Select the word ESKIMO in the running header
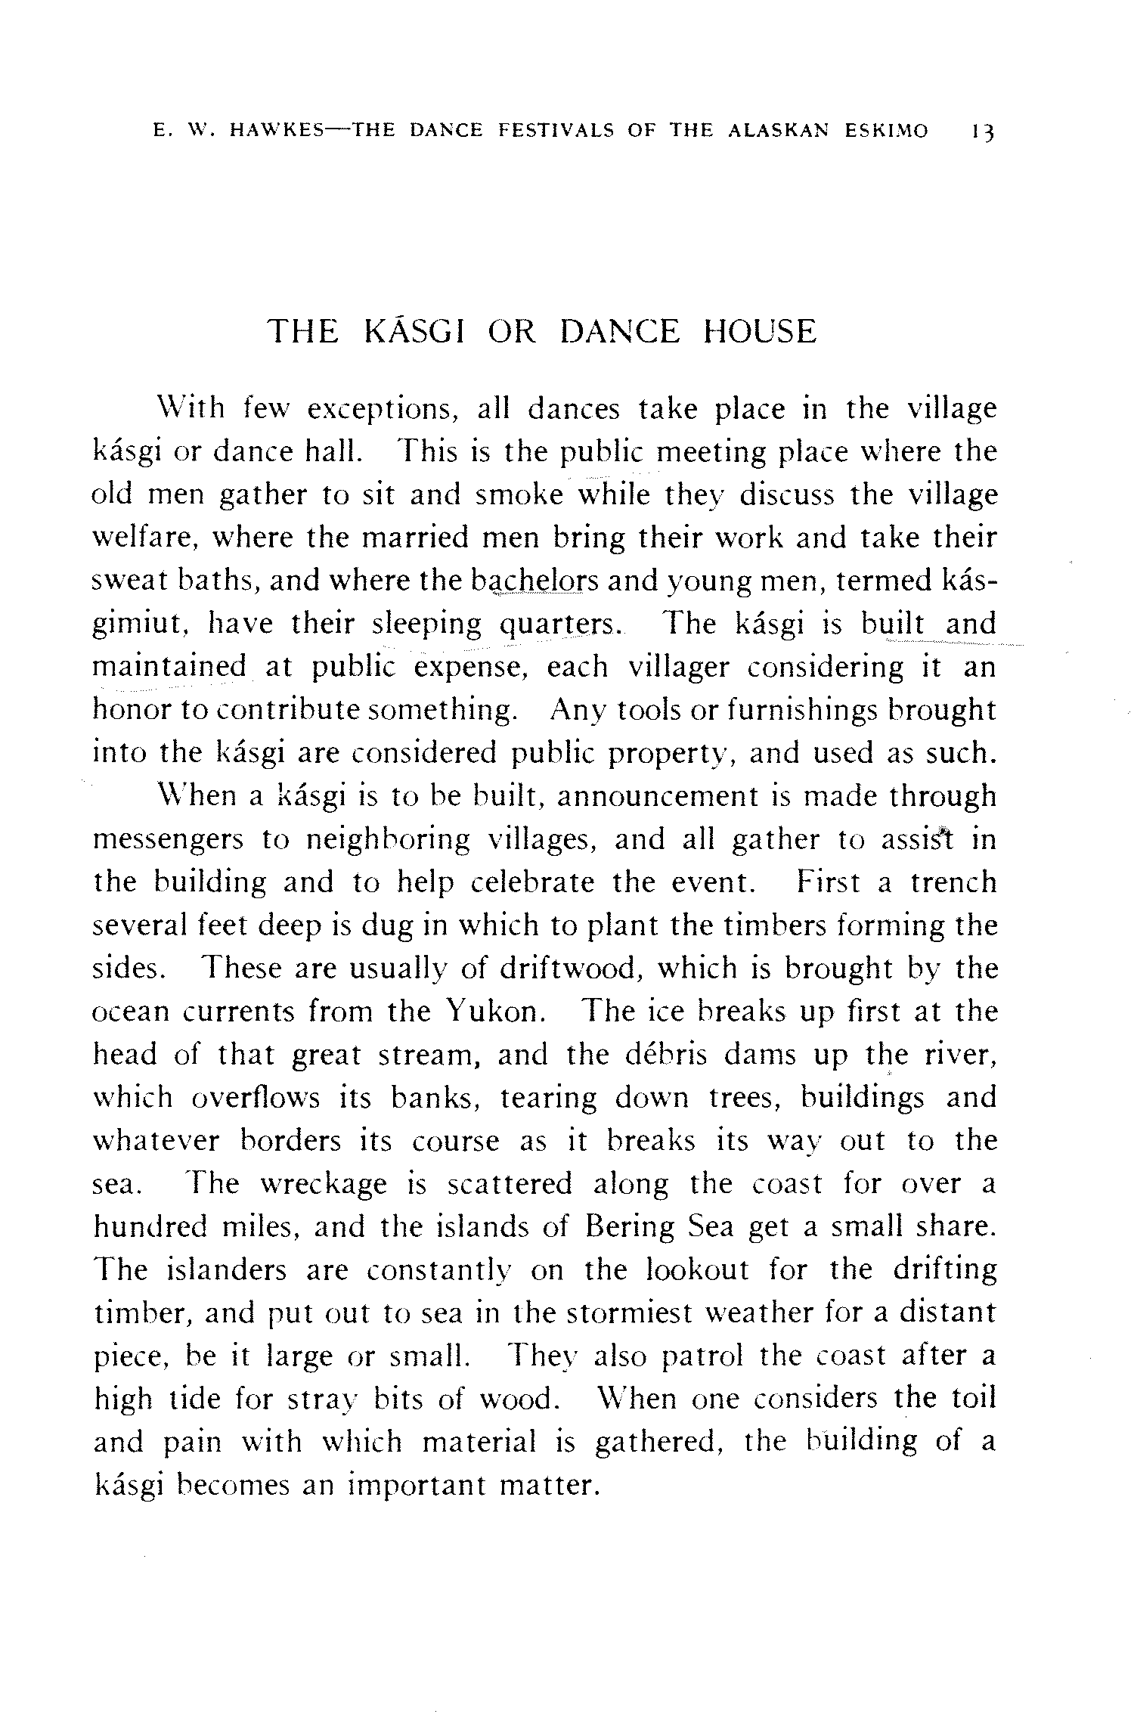886,130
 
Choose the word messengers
168,840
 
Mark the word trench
953,882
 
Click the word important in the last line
417,1486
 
